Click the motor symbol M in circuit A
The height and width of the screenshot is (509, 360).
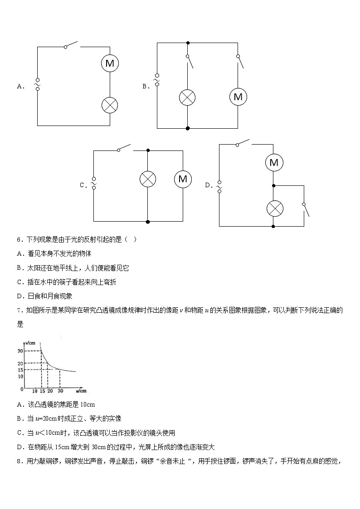(110, 63)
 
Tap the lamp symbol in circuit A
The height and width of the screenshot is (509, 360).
(110, 105)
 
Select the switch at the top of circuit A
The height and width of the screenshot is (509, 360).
(71, 45)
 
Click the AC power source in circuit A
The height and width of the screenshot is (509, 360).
(37, 84)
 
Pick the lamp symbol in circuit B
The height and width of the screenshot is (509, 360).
(187, 97)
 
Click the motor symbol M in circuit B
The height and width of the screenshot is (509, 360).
(238, 97)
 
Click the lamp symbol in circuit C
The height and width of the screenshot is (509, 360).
(147, 179)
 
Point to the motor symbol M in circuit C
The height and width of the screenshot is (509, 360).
(183, 179)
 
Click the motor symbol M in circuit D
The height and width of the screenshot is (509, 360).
(273, 162)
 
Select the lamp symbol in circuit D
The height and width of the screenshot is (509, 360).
(273, 208)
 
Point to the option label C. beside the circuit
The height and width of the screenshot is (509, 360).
(83, 185)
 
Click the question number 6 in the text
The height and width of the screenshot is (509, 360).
(19, 240)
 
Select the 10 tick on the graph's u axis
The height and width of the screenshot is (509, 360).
(35, 391)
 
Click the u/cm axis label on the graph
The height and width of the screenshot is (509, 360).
(81, 390)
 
